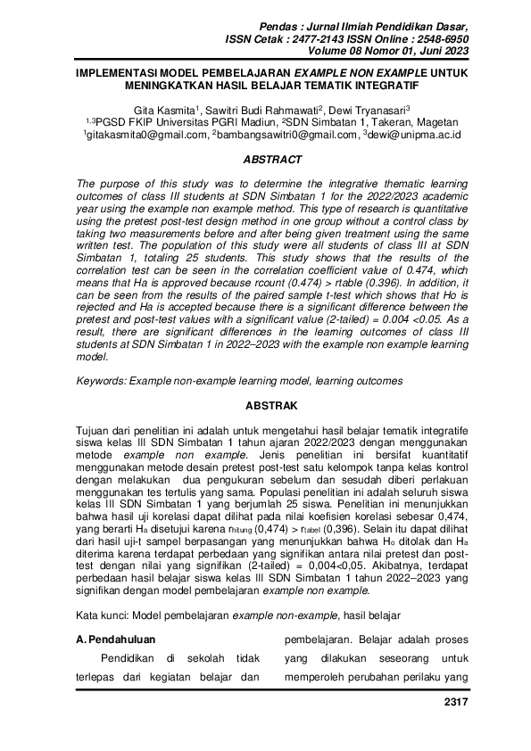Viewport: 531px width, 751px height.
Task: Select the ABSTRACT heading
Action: point(265,161)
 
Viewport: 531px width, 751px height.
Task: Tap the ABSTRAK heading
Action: point(265,405)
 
